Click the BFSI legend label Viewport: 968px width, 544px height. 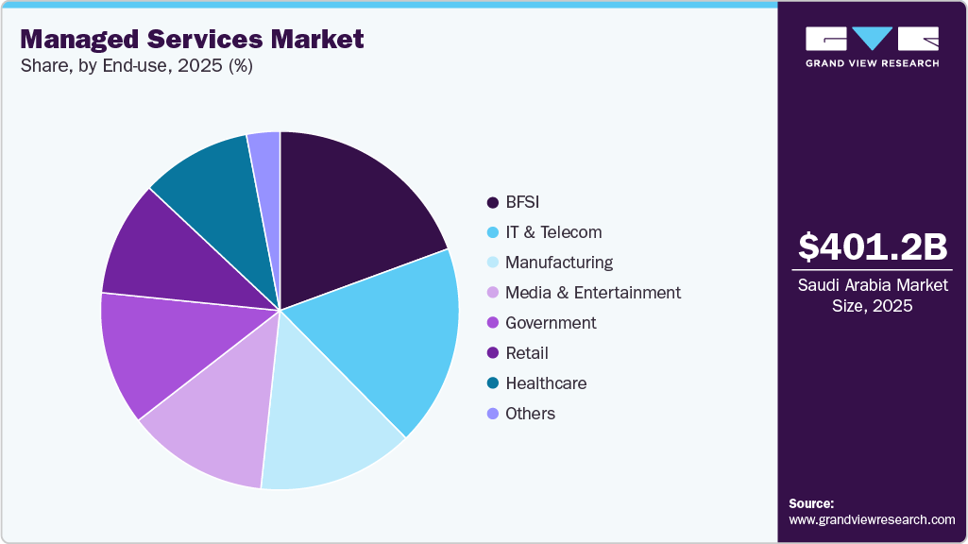[522, 202]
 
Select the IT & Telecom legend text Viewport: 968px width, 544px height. [552, 232]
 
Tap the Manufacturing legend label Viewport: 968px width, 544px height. [558, 263]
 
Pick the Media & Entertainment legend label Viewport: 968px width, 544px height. [592, 293]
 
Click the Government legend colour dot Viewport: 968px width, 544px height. [492, 323]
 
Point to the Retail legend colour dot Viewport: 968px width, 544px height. [492, 353]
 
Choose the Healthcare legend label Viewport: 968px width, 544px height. [545, 383]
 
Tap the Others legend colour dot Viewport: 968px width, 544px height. [492, 414]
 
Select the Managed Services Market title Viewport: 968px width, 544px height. [192, 40]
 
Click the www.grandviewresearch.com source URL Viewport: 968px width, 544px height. [872, 519]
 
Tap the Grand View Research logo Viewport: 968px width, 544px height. [872, 45]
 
